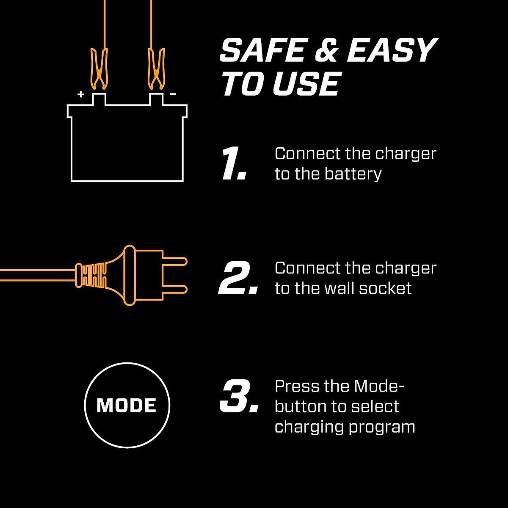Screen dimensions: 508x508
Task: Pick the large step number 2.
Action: coord(238,278)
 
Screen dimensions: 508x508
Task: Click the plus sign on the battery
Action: coord(81,94)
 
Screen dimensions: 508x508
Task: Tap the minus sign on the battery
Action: coord(173,94)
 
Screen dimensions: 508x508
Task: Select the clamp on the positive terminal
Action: coord(99,68)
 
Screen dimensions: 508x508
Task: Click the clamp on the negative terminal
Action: coord(156,68)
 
